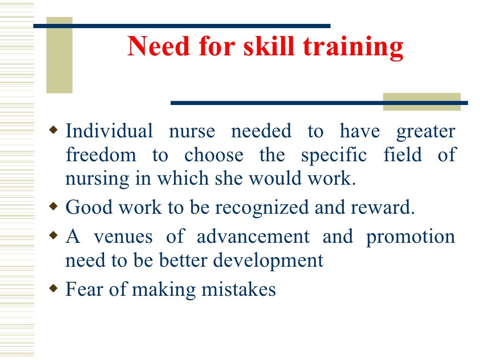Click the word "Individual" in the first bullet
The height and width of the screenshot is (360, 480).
click(109, 131)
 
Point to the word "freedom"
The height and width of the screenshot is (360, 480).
click(101, 155)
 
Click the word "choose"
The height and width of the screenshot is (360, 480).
click(214, 155)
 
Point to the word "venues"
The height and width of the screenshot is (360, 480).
click(123, 236)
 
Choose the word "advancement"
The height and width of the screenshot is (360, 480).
click(253, 236)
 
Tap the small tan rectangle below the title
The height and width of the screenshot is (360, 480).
click(421, 102)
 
